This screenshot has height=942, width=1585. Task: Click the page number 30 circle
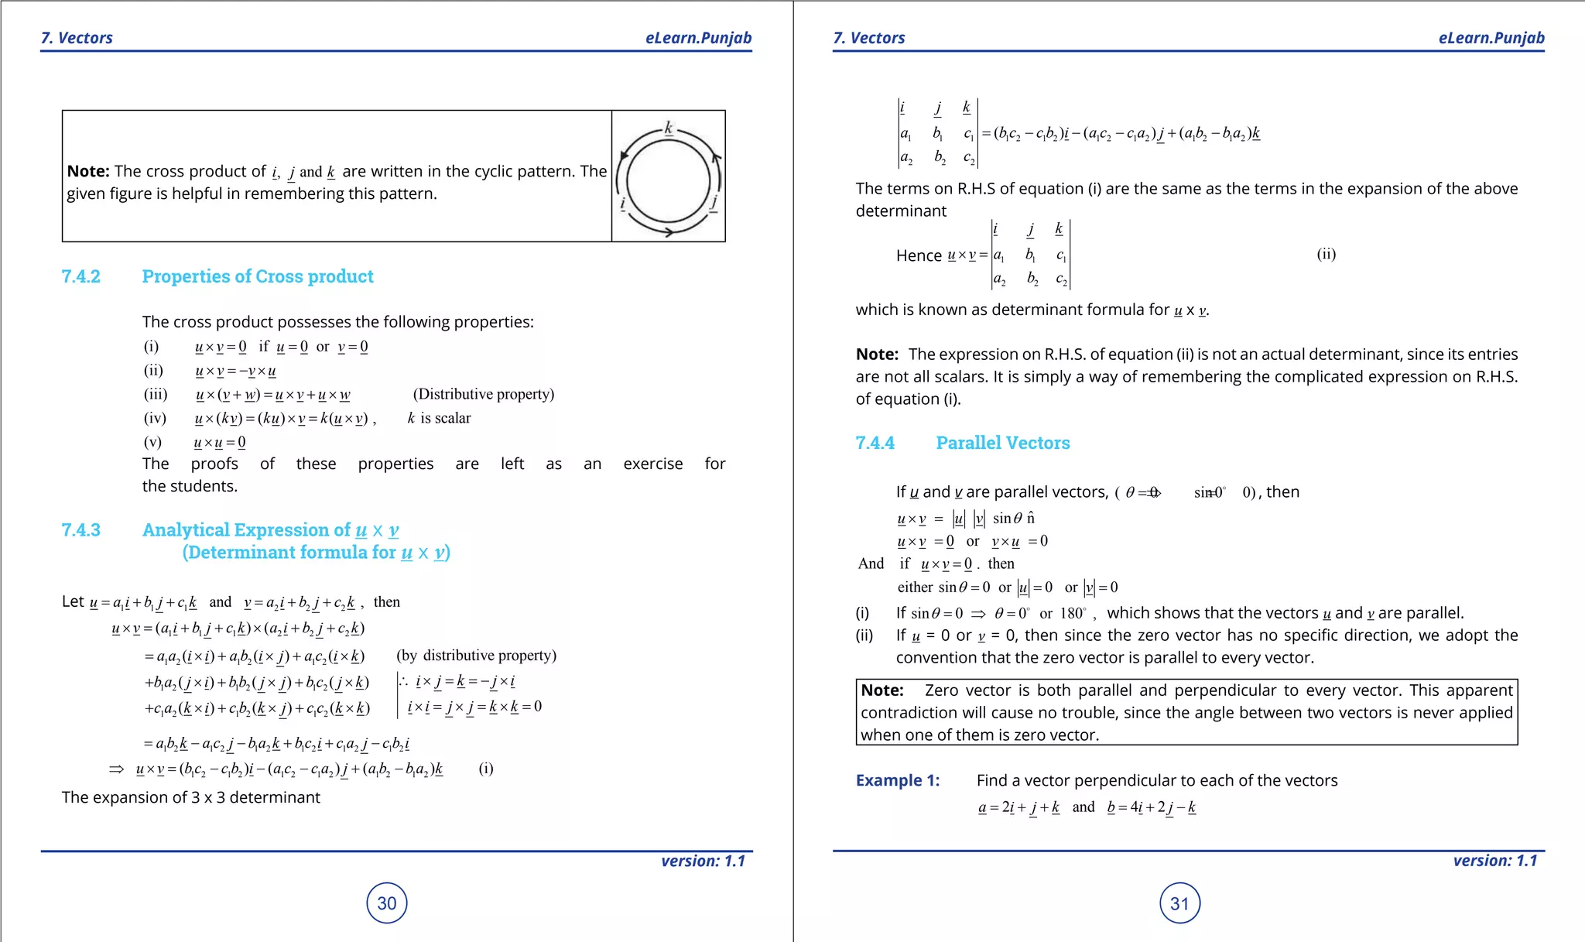pyautogui.click(x=386, y=903)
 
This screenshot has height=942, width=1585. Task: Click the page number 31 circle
pyautogui.click(x=1179, y=903)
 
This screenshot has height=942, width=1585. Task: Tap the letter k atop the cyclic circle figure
pyautogui.click(x=669, y=128)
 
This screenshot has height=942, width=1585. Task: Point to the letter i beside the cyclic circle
pyautogui.click(x=623, y=204)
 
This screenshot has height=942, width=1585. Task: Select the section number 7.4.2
pyautogui.click(x=81, y=276)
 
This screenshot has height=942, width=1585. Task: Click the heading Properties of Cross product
pyautogui.click(x=257, y=276)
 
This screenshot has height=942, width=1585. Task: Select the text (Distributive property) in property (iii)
pyautogui.click(x=484, y=394)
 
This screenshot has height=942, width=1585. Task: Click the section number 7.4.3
pyautogui.click(x=81, y=529)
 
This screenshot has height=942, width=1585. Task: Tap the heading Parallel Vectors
pyautogui.click(x=1002, y=443)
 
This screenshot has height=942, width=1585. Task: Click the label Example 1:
pyautogui.click(x=897, y=780)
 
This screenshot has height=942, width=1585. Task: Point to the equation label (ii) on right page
pyautogui.click(x=1326, y=254)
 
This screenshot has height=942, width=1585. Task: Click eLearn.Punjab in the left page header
pyautogui.click(x=698, y=38)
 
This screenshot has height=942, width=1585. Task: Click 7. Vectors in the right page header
pyautogui.click(x=868, y=38)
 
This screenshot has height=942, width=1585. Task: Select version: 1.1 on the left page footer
pyautogui.click(x=703, y=861)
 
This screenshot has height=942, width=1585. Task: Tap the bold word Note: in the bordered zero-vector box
pyautogui.click(x=882, y=690)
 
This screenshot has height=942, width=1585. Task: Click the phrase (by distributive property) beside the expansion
pyautogui.click(x=476, y=656)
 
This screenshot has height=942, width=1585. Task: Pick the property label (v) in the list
pyautogui.click(x=152, y=442)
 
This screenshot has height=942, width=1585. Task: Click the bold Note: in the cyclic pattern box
pyautogui.click(x=87, y=171)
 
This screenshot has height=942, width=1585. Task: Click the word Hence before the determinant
pyautogui.click(x=919, y=255)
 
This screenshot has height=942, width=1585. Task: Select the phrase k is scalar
pyautogui.click(x=439, y=418)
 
